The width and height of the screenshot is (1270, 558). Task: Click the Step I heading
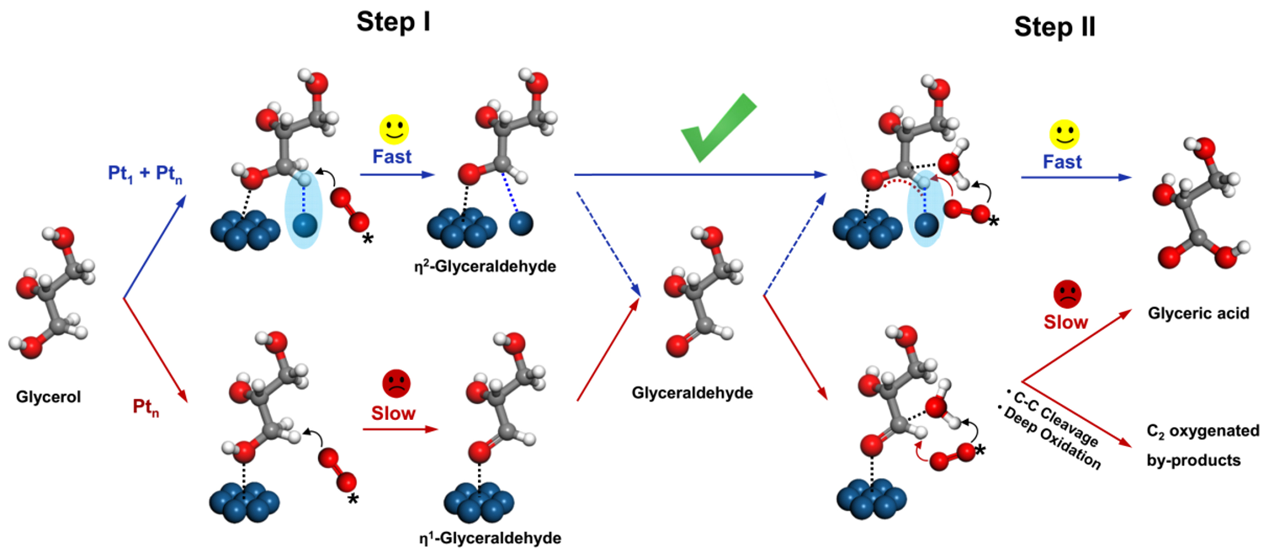[x=393, y=22]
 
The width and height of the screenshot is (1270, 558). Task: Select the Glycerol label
[x=48, y=397]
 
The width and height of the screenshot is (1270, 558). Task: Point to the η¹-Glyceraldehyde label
[x=490, y=538]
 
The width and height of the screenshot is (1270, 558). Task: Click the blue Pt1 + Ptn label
[x=145, y=174]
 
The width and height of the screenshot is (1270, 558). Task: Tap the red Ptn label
[x=146, y=407]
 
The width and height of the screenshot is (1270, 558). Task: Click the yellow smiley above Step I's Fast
[x=394, y=129]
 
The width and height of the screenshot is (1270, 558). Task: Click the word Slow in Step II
[x=1065, y=322]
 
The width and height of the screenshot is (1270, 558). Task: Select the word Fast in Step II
[x=1062, y=162]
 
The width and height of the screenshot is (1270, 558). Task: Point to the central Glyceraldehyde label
[x=692, y=393]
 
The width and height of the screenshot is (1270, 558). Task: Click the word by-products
[x=1193, y=460]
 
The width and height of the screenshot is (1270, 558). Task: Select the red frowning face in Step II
[x=1067, y=294]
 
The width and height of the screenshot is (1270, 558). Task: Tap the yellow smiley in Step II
[x=1064, y=134]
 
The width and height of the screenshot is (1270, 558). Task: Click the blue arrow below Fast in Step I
[x=397, y=175]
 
